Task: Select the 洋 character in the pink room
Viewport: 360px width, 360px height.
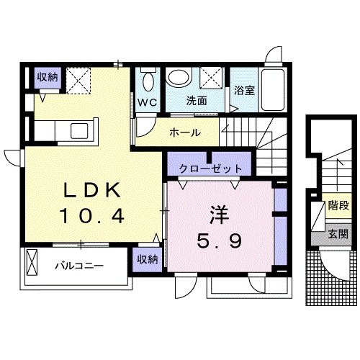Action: pyautogui.click(x=219, y=214)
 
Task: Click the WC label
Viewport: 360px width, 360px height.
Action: pyautogui.click(x=148, y=101)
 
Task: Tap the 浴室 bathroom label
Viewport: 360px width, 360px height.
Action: pyautogui.click(x=243, y=91)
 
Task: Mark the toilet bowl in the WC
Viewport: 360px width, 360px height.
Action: pyautogui.click(x=148, y=78)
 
